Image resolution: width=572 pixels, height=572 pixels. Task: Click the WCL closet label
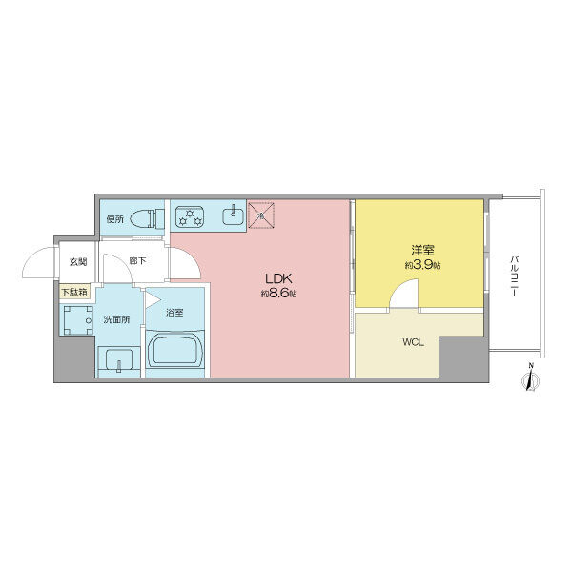(413, 341)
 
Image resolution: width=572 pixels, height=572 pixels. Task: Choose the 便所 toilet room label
(115, 218)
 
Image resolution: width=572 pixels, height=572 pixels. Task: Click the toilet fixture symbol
(144, 217)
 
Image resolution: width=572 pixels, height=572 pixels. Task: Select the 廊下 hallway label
(138, 260)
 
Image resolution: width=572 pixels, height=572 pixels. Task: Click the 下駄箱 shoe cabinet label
(75, 293)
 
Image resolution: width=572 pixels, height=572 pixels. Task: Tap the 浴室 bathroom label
(174, 312)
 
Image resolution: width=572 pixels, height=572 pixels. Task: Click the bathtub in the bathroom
(174, 352)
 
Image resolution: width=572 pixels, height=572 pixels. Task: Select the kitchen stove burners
(191, 216)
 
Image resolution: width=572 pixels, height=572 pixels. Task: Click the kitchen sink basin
(233, 215)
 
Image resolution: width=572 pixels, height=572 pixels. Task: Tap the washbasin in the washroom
(119, 360)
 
